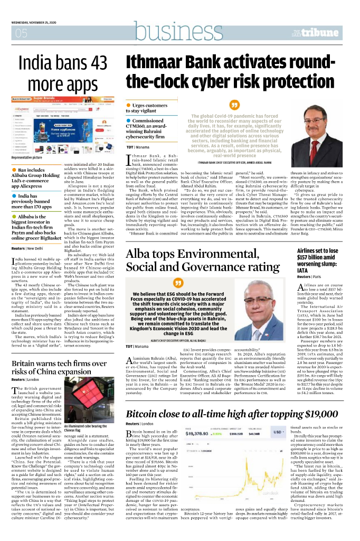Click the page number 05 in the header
pyautogui.click(x=22, y=34)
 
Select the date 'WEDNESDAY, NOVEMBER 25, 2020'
pyautogui.click(x=35, y=23)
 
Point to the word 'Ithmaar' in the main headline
pyautogui.click(x=157, y=63)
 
